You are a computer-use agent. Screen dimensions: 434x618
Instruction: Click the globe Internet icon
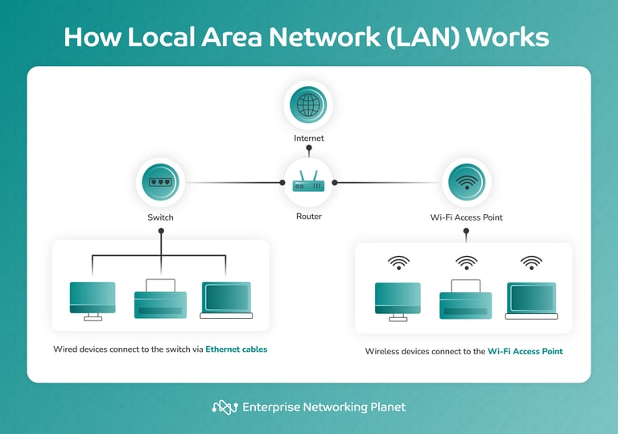point(308,105)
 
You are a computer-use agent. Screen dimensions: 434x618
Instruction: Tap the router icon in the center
point(308,183)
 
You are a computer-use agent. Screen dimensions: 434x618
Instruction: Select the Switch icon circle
point(160,183)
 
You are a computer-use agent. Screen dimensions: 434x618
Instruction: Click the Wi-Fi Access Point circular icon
point(466,183)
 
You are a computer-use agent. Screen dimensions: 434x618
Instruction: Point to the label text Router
point(308,217)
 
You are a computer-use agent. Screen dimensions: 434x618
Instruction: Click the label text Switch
point(160,217)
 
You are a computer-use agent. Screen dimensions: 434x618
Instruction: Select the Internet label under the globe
point(308,138)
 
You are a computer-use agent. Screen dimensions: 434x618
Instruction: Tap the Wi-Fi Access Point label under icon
point(467,217)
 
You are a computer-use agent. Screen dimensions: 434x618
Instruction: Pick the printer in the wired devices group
point(160,300)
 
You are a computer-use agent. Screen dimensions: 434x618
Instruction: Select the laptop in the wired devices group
point(226,300)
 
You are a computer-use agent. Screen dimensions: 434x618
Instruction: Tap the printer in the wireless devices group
point(465,300)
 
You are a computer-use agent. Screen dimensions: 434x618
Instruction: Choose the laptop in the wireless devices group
point(531,300)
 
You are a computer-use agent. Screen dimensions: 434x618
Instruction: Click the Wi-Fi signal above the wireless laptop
point(531,262)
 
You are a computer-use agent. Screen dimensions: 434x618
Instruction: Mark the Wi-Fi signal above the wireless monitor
point(398,262)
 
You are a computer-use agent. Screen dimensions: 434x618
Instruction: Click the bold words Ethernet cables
point(236,349)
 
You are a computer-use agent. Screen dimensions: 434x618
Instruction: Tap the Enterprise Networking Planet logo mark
point(225,407)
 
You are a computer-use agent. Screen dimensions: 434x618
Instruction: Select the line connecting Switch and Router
point(233,183)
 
